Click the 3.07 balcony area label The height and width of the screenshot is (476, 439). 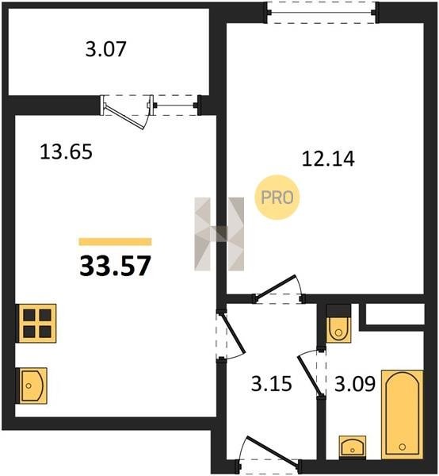point(105,49)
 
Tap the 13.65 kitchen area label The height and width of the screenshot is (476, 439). point(66,152)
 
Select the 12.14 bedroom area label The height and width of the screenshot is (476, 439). point(328,159)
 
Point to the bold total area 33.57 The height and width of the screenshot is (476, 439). point(115,266)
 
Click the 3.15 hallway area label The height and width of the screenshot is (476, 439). point(271,383)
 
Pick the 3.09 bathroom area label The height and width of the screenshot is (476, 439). point(355,384)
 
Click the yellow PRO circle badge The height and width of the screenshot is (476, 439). point(277,198)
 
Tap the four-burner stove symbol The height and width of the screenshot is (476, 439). point(36,323)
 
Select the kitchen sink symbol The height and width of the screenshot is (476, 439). point(32,386)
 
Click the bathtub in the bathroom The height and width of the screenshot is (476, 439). point(402,414)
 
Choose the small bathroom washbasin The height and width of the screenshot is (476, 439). point(353,447)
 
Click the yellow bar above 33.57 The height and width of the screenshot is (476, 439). point(115,242)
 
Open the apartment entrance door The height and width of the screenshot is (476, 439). point(272,450)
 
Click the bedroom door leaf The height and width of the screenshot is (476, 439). point(276,286)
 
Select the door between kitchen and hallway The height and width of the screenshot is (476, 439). point(234,334)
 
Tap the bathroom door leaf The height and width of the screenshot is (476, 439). point(309,375)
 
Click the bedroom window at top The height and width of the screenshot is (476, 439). point(323,12)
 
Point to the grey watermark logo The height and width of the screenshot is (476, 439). point(219,234)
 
